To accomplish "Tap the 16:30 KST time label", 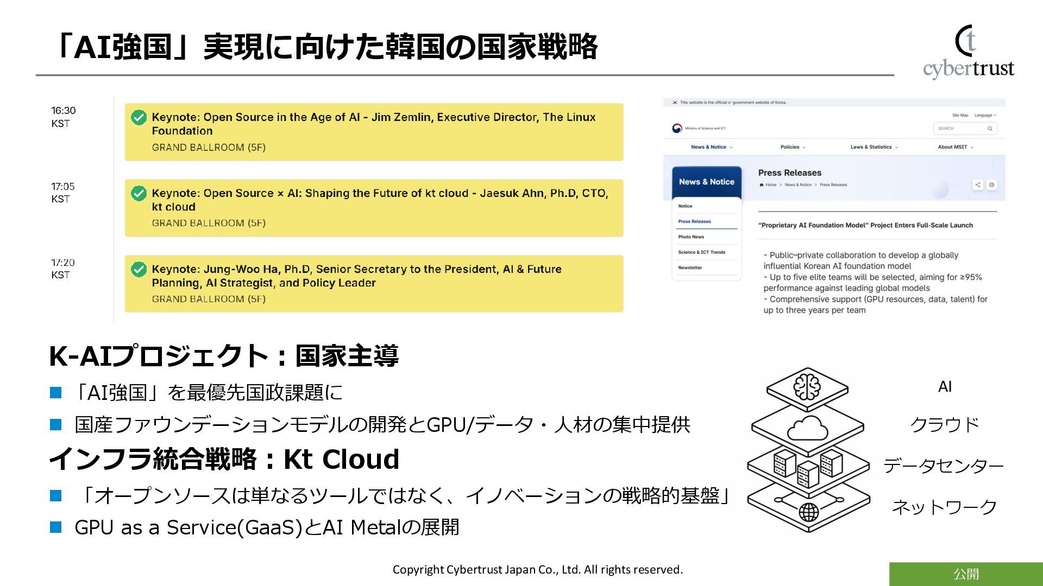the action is pos(63,117).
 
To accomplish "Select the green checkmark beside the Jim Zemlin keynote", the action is pos(139,117).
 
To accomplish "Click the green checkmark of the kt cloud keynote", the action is pos(139,193).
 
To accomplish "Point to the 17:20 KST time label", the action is pos(62,269).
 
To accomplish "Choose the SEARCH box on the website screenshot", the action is pos(964,129).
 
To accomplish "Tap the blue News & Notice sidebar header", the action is pos(706,182).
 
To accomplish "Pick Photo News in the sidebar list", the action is pos(691,237).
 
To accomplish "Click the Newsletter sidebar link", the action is pos(690,267).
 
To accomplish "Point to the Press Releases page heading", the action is pos(790,173).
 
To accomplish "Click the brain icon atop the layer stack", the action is pos(807,386).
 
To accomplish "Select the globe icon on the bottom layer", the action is pos(808,512).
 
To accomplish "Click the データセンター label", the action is pos(944,466).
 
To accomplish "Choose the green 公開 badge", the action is pos(966,574).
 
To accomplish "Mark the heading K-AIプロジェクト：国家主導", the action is pos(224,356).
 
